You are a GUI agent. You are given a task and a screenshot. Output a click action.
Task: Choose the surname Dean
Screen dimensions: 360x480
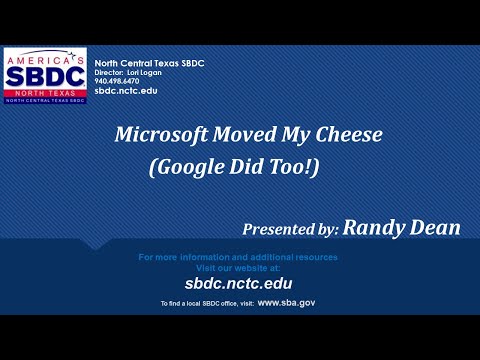(x=436, y=229)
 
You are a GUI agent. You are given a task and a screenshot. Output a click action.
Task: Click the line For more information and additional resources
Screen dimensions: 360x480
(x=237, y=258)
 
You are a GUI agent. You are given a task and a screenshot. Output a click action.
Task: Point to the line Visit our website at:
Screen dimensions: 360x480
(x=237, y=268)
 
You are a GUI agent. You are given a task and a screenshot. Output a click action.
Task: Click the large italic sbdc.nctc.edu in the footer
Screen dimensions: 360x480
(x=237, y=284)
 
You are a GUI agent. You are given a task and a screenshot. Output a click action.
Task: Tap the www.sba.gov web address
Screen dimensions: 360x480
(x=286, y=302)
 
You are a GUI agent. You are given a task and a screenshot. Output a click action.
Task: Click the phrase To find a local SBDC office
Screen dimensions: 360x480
(x=194, y=303)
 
